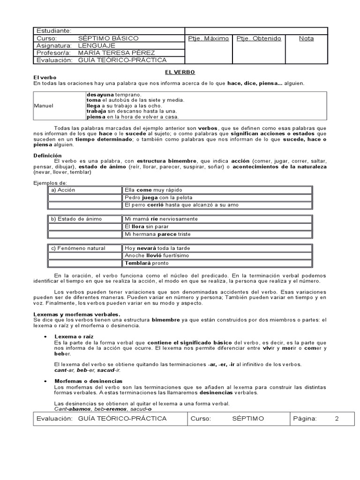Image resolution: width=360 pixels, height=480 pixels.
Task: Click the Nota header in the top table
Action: coord(306,38)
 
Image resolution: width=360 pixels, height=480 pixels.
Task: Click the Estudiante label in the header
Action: coord(53,31)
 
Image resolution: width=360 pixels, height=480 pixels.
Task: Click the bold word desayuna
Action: coord(101,94)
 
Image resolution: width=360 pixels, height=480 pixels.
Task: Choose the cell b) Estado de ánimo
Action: coord(77,219)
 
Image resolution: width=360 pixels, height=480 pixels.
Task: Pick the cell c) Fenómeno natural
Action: coord(79,248)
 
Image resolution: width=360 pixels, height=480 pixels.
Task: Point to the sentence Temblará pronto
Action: coord(147,263)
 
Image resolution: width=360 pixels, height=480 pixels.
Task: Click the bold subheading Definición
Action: coord(47,155)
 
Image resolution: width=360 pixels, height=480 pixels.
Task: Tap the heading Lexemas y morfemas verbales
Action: coord(77,314)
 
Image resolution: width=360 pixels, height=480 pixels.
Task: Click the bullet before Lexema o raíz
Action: coord(45,337)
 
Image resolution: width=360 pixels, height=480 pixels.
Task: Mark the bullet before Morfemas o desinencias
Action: coord(45,381)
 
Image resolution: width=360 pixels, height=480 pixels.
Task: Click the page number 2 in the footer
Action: coord(336,418)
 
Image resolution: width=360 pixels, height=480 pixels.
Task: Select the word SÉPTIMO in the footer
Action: coord(247,418)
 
